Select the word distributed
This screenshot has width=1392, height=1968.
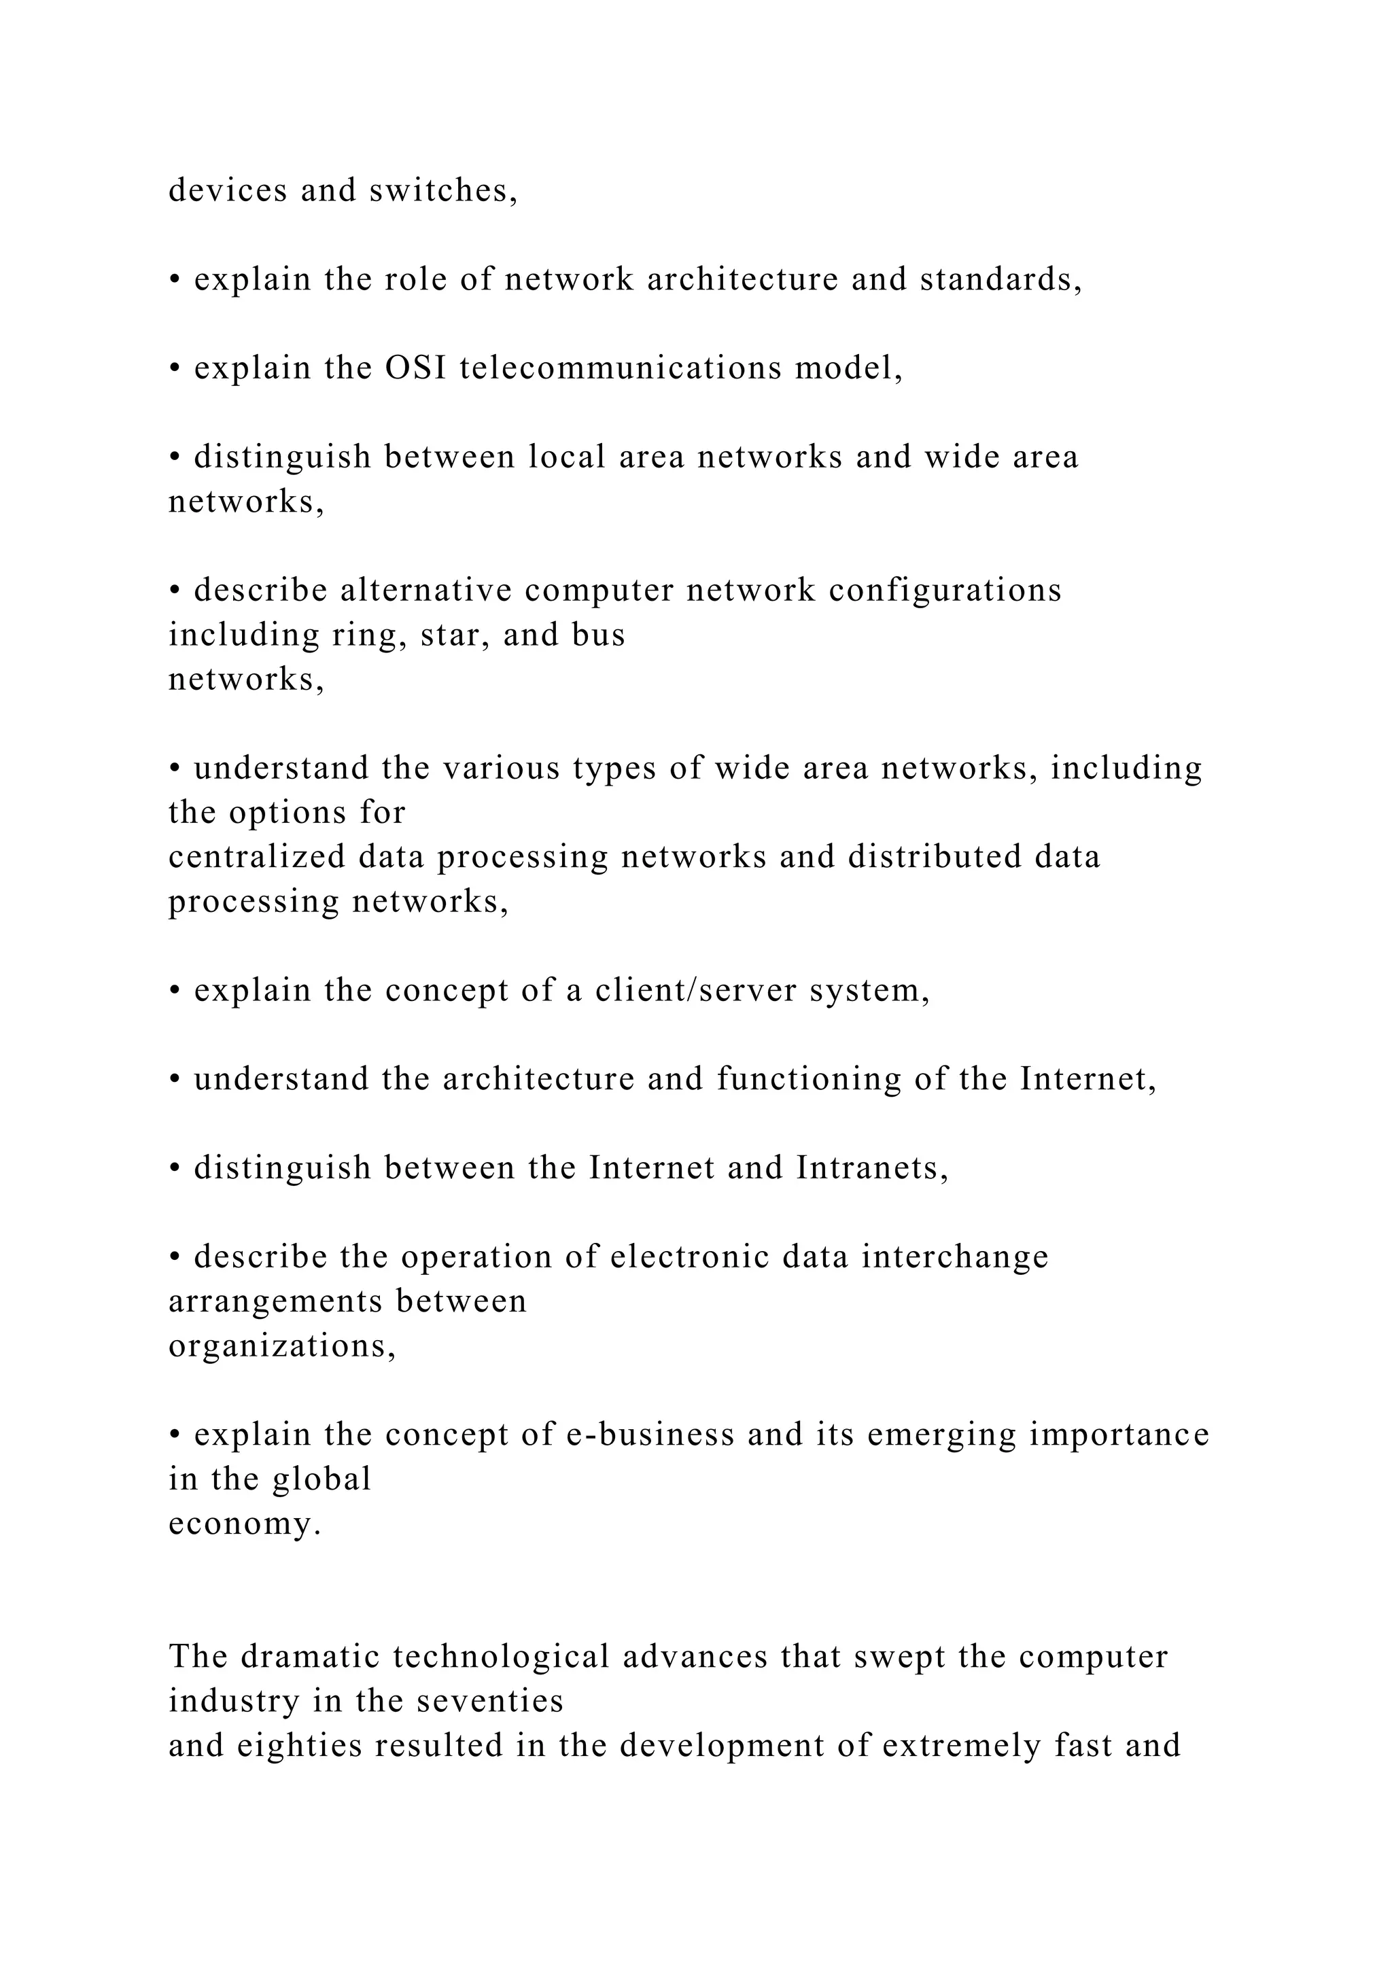935,857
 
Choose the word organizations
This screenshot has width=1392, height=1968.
282,1347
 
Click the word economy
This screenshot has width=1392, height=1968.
244,1524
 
